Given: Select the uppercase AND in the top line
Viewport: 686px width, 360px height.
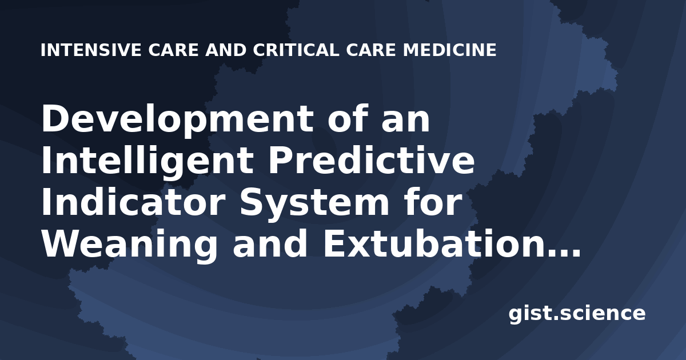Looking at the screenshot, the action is (226, 50).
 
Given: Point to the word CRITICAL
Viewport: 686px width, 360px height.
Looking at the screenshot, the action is (296, 50).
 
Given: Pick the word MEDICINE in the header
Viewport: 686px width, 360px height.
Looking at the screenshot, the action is (450, 50).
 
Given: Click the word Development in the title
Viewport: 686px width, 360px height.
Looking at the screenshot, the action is (177, 119).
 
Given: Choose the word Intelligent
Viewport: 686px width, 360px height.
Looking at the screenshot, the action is (147, 162).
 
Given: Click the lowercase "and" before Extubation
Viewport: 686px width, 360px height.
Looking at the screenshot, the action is (270, 243).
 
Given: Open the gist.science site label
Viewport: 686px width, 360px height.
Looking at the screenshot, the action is (577, 314).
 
